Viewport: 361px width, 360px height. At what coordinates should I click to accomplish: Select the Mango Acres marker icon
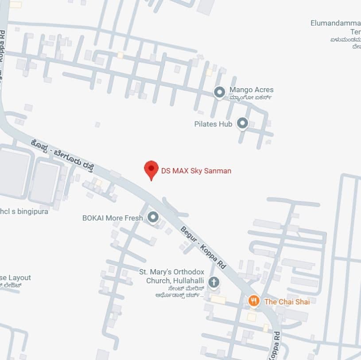pos(219,92)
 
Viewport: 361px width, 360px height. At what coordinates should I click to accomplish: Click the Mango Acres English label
pos(251,90)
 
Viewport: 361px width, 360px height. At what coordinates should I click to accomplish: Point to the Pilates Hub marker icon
pos(242,123)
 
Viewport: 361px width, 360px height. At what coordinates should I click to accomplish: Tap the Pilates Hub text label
pos(213,124)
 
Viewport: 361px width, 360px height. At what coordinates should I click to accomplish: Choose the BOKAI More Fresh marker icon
pos(153,217)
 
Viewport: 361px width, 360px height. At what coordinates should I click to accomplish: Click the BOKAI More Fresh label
pos(113,218)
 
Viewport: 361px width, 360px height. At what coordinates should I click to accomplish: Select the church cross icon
pos(213,282)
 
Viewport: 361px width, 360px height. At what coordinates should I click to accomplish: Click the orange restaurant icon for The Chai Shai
pos(253,301)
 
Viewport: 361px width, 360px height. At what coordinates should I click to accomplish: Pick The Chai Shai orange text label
pos(287,301)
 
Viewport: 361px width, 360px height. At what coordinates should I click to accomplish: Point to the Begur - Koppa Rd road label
pos(203,247)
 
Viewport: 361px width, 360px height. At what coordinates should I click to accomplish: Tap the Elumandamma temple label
pos(336,23)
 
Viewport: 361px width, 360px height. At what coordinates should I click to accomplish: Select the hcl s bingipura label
pos(24,211)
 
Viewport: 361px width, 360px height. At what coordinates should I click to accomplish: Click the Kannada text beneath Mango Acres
pos(251,98)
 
